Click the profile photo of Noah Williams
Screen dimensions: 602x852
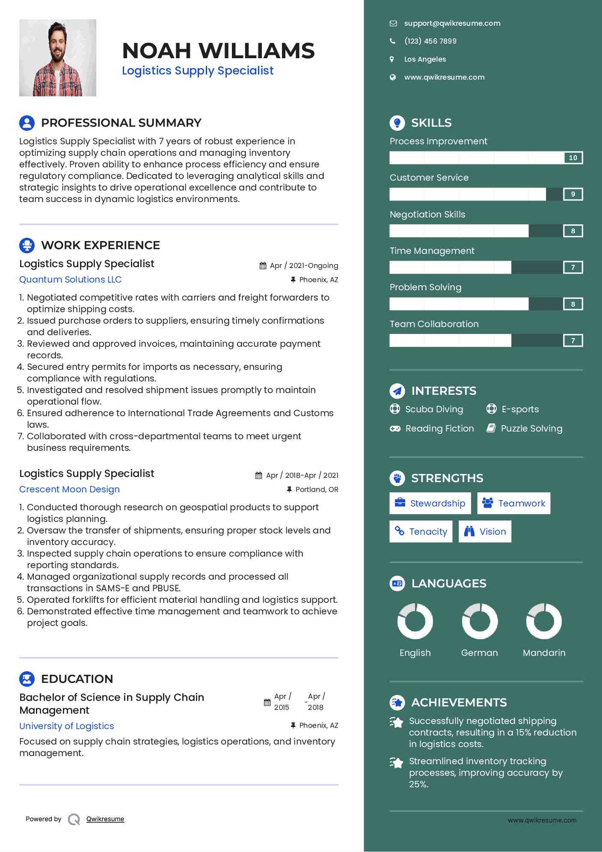(x=58, y=58)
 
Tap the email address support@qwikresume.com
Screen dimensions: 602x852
(x=452, y=24)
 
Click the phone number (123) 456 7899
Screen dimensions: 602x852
(x=430, y=41)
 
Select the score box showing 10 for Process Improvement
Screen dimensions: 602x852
(x=573, y=158)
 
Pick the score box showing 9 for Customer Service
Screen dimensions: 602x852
(x=573, y=194)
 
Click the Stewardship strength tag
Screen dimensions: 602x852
(x=430, y=503)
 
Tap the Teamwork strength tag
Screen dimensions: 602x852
(x=513, y=503)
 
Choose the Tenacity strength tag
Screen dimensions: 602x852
(x=421, y=532)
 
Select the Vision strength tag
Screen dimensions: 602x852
(x=485, y=532)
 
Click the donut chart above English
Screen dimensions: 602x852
(x=415, y=621)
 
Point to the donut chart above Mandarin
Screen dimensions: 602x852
(x=544, y=621)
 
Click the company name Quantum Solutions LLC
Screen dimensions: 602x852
(x=71, y=280)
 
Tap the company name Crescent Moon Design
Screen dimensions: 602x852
(x=69, y=489)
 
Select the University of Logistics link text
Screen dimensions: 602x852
(x=67, y=726)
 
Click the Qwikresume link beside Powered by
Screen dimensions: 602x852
(x=105, y=819)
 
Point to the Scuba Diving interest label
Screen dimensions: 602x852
(x=434, y=409)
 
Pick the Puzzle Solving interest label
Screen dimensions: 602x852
(x=531, y=429)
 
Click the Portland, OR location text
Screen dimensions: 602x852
(x=317, y=489)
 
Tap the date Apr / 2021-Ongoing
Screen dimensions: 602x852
(x=304, y=265)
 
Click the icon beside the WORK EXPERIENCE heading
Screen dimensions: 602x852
(x=27, y=245)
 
